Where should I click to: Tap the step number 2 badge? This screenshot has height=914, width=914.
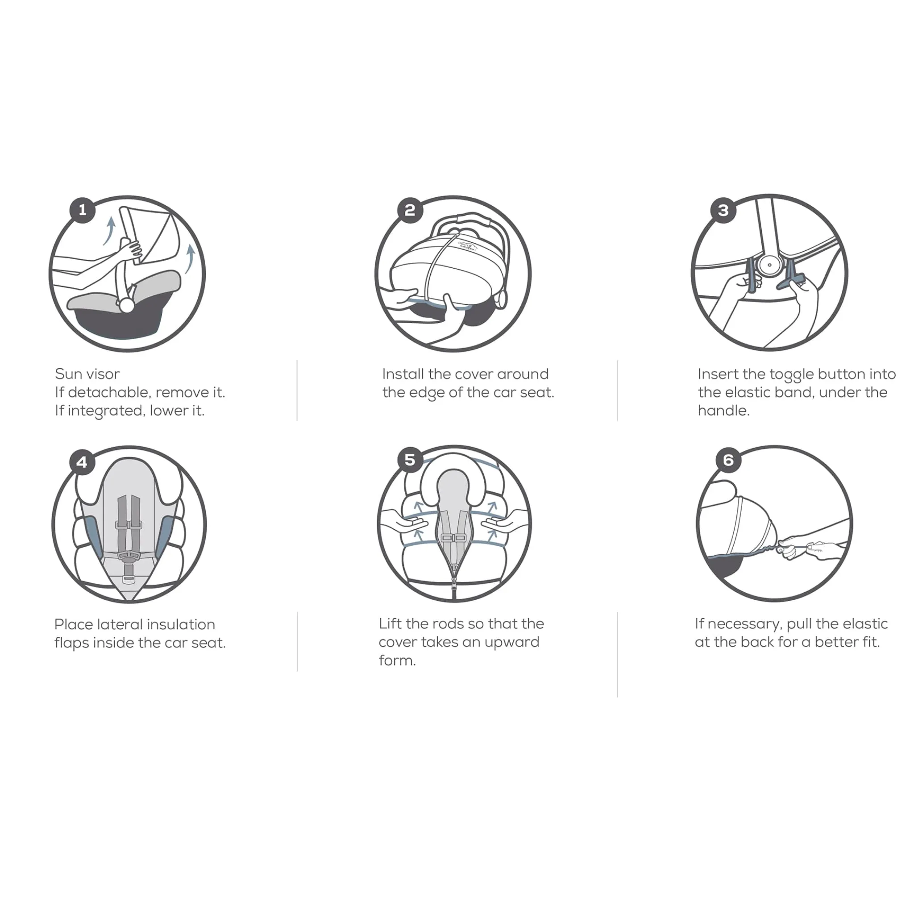(x=410, y=210)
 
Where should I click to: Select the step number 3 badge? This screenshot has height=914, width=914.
(x=723, y=210)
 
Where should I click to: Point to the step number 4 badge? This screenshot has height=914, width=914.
(x=82, y=462)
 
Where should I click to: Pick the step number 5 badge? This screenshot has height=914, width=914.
(x=410, y=460)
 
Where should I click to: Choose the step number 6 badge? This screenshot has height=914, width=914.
(x=728, y=460)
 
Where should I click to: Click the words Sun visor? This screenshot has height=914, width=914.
(x=87, y=374)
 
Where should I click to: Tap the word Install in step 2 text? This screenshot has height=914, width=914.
(x=403, y=374)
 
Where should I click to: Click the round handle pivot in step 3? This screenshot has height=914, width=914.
(x=770, y=266)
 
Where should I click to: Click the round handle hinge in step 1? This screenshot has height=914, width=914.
(x=126, y=305)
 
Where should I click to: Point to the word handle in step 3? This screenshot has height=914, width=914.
(x=723, y=411)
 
